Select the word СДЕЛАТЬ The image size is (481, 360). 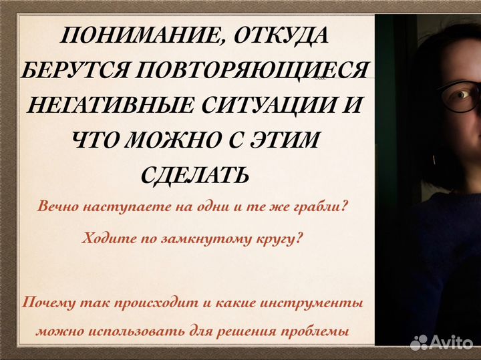(195, 176)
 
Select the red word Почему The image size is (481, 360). (48, 303)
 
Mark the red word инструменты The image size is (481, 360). (319, 303)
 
